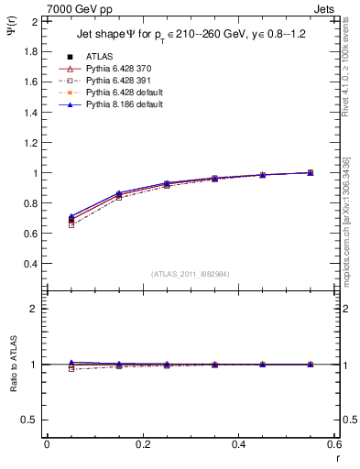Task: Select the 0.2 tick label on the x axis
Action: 142,443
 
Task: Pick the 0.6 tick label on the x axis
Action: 334,443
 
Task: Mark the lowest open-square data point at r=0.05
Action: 71,224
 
